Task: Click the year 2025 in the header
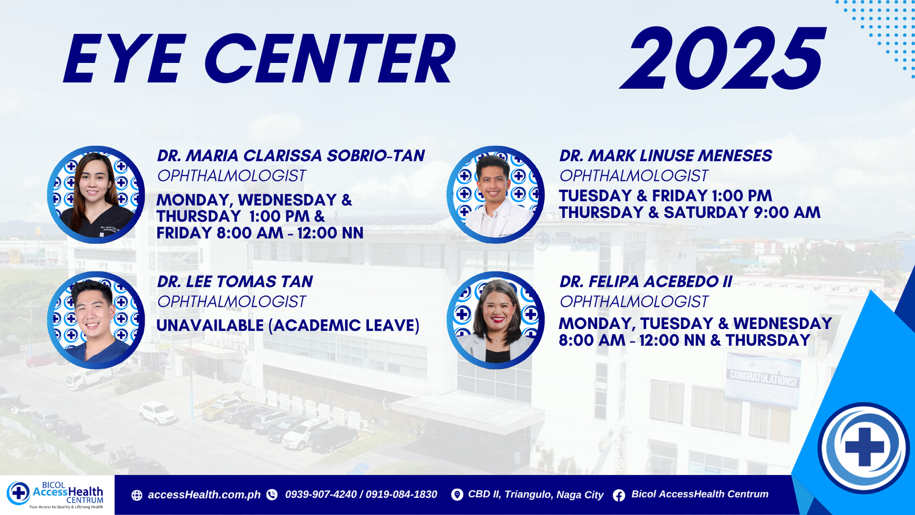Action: click(x=723, y=58)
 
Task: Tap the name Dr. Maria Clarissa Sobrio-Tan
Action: click(x=291, y=156)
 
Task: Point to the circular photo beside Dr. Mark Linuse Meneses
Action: click(x=495, y=195)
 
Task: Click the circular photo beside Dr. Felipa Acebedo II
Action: click(x=495, y=320)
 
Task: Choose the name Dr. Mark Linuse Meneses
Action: click(x=666, y=156)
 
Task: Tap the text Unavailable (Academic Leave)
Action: click(x=288, y=326)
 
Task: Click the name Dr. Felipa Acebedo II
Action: click(x=646, y=282)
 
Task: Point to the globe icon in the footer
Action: click(x=137, y=496)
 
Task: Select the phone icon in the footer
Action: click(x=272, y=495)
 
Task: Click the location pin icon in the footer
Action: click(x=457, y=495)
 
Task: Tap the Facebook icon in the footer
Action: click(x=619, y=496)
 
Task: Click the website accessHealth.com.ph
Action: click(x=204, y=495)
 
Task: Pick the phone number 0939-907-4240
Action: click(x=321, y=494)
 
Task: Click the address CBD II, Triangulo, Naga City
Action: click(x=535, y=494)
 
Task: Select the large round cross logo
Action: click(x=864, y=447)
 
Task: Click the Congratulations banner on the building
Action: click(x=762, y=380)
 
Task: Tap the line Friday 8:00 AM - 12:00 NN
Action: click(x=260, y=233)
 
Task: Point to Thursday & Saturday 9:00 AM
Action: click(x=690, y=212)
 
